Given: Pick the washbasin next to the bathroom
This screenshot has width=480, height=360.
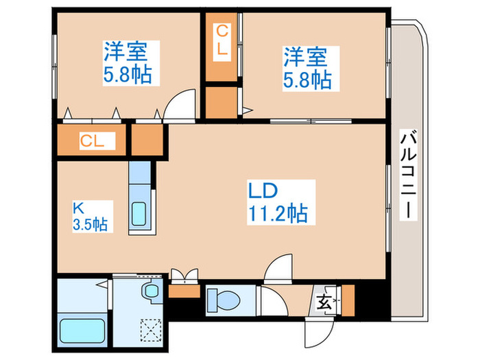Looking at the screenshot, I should pos(149,291).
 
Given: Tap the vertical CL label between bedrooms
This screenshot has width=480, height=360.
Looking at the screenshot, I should pos(223,40).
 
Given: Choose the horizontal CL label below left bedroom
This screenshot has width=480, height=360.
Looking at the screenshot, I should pos(92,141).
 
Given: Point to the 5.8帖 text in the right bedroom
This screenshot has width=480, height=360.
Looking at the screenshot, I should pos(307,80).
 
